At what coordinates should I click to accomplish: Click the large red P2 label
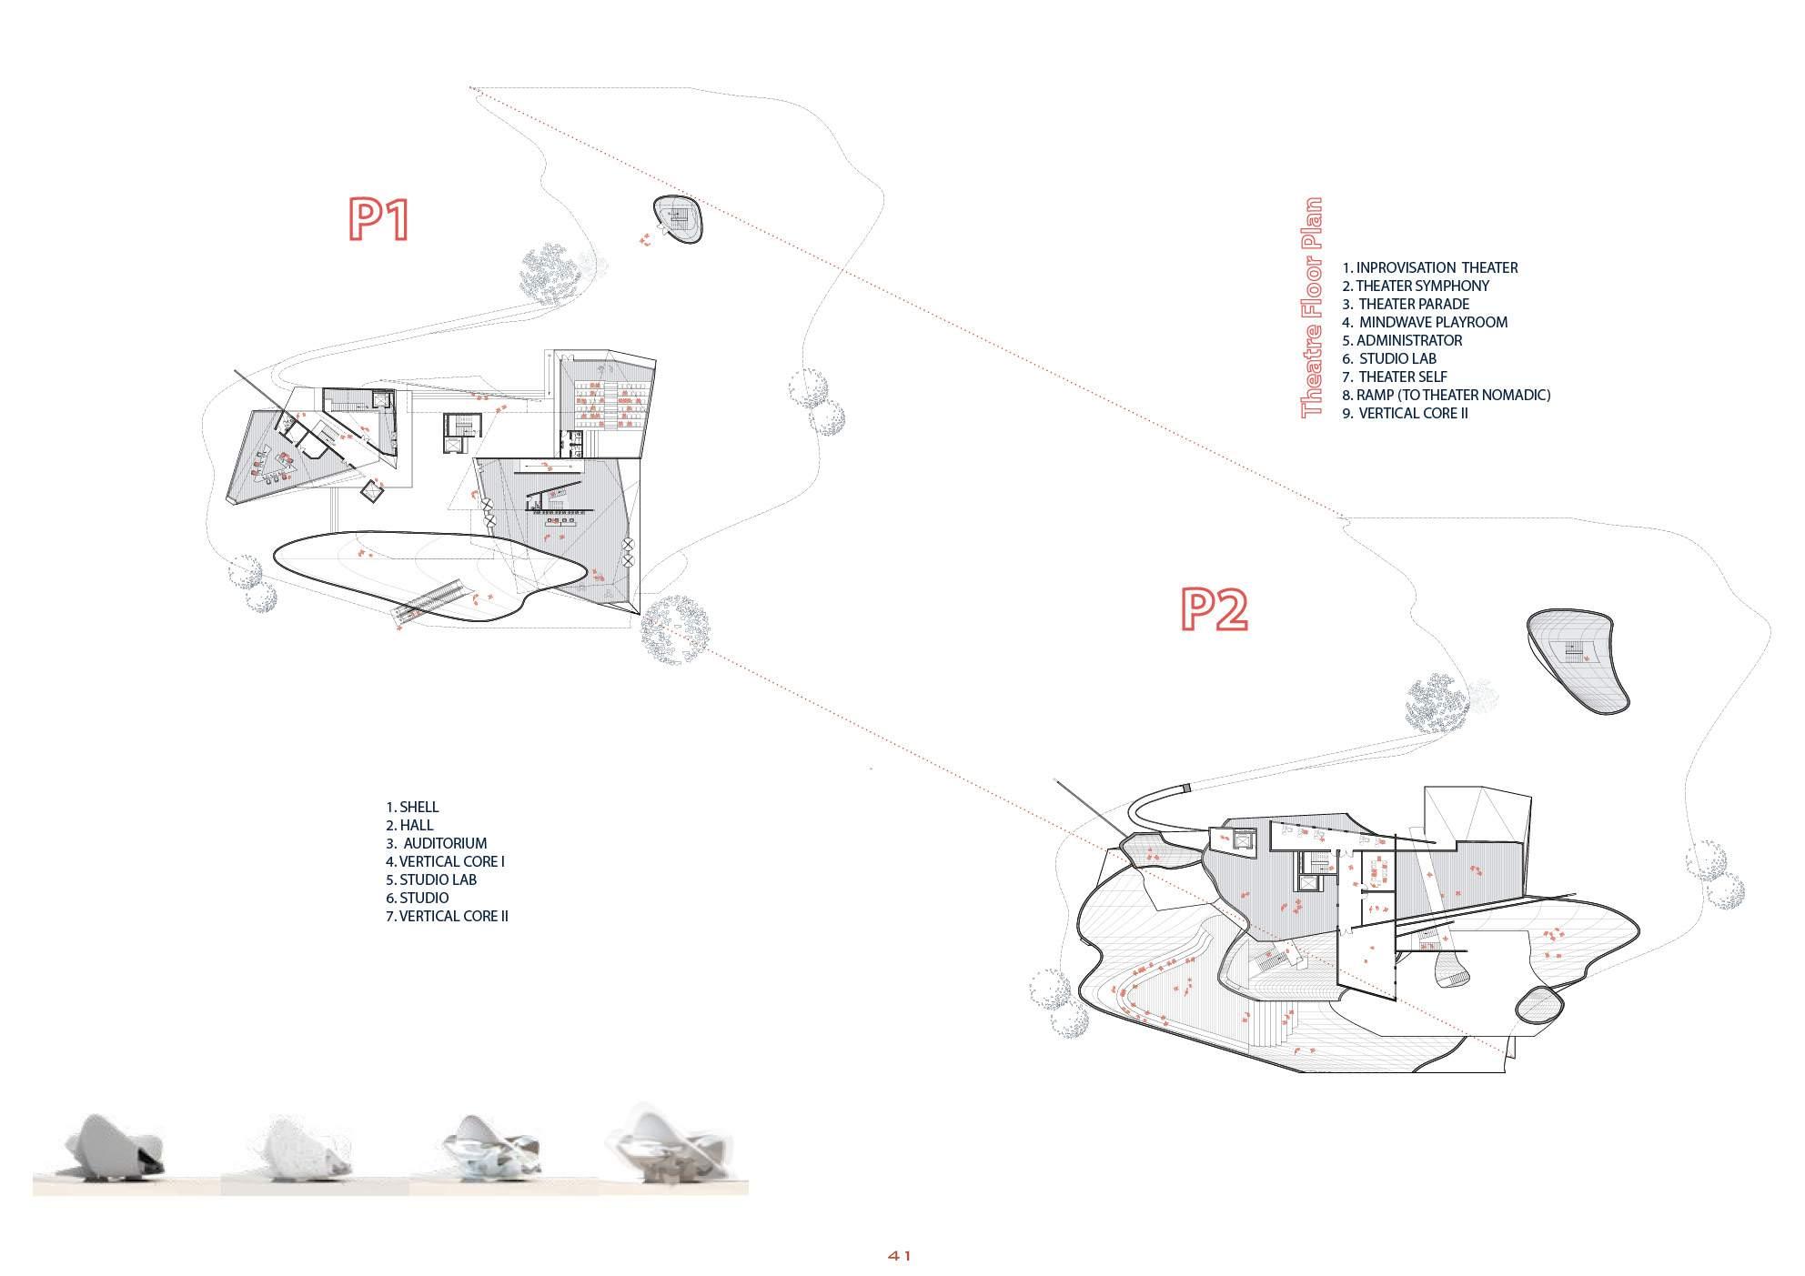(x=1214, y=609)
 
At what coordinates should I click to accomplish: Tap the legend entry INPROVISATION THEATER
(x=1429, y=267)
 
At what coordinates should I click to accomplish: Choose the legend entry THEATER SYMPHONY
(x=1415, y=286)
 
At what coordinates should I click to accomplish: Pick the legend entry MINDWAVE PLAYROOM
(x=1425, y=322)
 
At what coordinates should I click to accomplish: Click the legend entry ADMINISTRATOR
(x=1402, y=340)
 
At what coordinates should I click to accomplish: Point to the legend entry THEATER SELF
(x=1395, y=377)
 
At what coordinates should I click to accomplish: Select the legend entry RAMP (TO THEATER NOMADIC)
(x=1446, y=395)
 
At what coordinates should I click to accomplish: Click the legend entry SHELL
(x=412, y=807)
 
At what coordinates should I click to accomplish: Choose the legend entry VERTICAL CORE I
(x=445, y=861)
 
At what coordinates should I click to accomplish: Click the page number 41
(x=900, y=1255)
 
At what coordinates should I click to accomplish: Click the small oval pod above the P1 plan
(x=679, y=219)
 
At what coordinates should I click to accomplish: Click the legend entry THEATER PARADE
(x=1406, y=304)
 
